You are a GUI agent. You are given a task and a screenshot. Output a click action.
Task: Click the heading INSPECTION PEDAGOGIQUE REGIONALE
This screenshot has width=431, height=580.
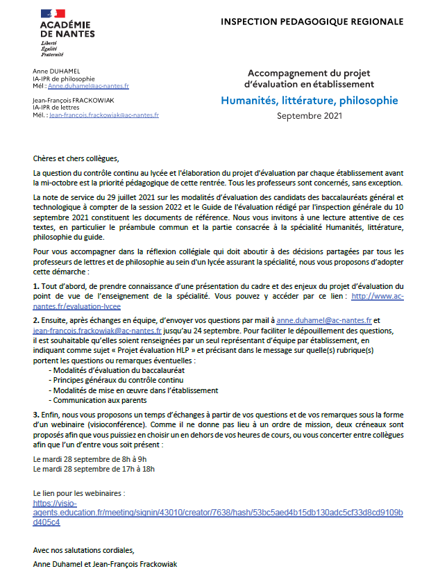pyautogui.click(x=312, y=22)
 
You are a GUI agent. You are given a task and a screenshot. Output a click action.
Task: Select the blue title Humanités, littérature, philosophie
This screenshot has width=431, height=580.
pyautogui.click(x=310, y=101)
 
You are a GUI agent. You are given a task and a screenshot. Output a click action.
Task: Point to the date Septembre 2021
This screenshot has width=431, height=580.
pyautogui.click(x=310, y=115)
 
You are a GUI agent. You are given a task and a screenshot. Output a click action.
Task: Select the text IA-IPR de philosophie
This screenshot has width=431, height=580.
pyautogui.click(x=64, y=78)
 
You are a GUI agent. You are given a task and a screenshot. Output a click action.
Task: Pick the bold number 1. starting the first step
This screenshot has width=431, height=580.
pyautogui.click(x=36, y=287)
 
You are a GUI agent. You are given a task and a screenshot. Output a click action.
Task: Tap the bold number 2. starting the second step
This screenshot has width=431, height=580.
pyautogui.click(x=36, y=320)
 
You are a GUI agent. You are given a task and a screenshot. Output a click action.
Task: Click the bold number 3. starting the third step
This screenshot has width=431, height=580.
pyautogui.click(x=36, y=414)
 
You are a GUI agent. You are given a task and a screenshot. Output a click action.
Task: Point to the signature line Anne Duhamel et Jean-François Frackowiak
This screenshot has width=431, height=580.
pyautogui.click(x=105, y=564)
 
